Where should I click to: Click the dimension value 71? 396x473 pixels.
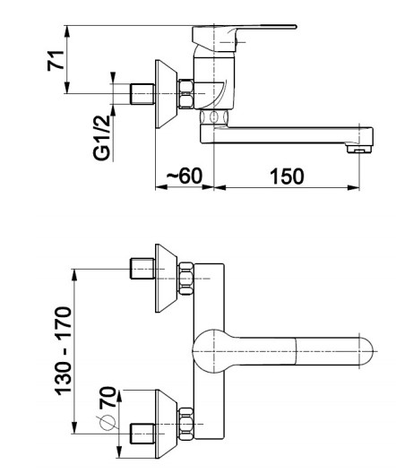pos(56,61)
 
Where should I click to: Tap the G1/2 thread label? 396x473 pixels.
pos(102,138)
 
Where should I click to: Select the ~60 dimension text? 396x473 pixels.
pos(185,176)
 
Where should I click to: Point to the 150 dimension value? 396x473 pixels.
pos(287,176)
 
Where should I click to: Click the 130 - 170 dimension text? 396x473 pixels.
pos(64,351)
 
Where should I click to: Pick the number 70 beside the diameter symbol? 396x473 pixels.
pos(108,397)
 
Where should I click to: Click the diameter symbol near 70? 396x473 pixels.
pos(108,422)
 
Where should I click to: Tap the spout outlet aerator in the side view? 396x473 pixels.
pos(359,149)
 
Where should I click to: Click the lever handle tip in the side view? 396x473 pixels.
pos(294,27)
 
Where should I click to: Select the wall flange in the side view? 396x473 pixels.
pos(166,94)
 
